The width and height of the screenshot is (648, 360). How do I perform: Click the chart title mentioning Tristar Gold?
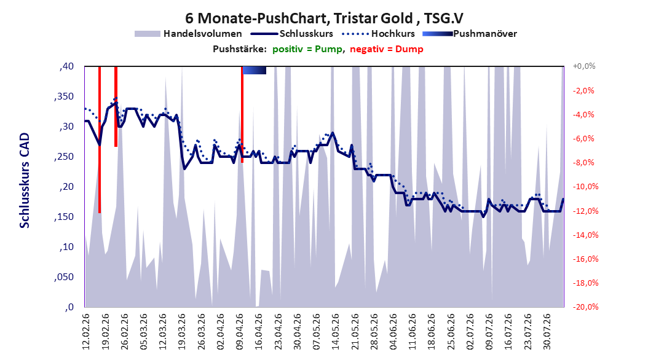point(324,18)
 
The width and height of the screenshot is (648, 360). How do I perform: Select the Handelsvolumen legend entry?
point(189,34)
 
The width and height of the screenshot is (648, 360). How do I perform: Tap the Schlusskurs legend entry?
point(292,34)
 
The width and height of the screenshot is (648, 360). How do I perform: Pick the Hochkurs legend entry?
point(379,34)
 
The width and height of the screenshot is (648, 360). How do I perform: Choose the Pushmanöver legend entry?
point(470,34)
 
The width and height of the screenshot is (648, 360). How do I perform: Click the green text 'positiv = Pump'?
point(307,49)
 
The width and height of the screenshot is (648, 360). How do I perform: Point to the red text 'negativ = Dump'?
point(387,49)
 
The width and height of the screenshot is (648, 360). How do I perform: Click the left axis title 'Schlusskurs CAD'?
point(25,181)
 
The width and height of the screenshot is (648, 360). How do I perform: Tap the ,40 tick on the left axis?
point(66,66)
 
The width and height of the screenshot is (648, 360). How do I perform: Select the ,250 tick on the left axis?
point(64,157)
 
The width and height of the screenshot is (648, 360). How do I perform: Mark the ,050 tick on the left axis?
point(64,277)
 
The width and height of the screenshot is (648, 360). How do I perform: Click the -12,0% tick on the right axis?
point(583,211)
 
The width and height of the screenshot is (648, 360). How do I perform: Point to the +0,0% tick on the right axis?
point(584,66)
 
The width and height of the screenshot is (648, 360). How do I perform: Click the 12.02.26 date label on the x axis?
point(86,332)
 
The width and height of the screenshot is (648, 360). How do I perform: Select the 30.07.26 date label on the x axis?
point(547,332)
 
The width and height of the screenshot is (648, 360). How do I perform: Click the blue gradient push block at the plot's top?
point(254,70)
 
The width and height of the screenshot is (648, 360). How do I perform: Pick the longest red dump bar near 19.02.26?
point(100,139)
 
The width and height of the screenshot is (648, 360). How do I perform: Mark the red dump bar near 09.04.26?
point(242,114)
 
